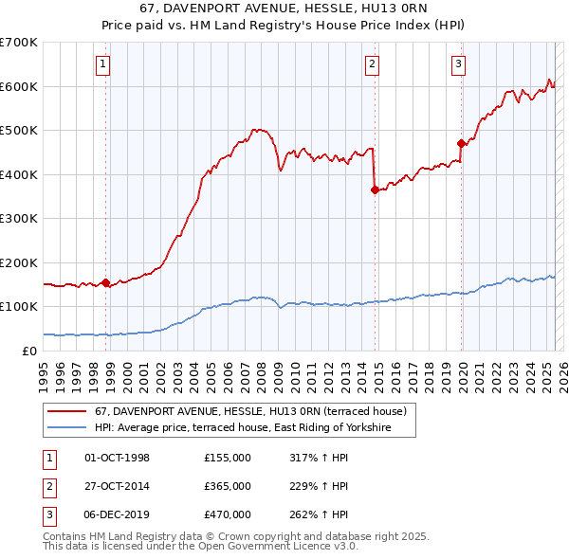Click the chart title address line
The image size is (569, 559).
tap(284, 10)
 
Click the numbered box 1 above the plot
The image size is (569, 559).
tap(101, 64)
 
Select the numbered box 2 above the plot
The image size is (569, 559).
tap(372, 64)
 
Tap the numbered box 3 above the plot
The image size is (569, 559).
tap(458, 64)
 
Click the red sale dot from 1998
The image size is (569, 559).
tap(105, 282)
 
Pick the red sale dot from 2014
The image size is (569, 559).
tap(375, 189)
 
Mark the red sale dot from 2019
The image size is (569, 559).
tap(461, 144)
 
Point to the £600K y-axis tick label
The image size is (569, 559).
tap(19, 86)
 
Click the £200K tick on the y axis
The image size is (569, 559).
tap(19, 262)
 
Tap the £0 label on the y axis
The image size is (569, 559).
tap(29, 351)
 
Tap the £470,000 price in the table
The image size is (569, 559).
tap(227, 514)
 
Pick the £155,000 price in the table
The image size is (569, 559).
tap(227, 458)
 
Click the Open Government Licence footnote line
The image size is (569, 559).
tap(200, 547)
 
